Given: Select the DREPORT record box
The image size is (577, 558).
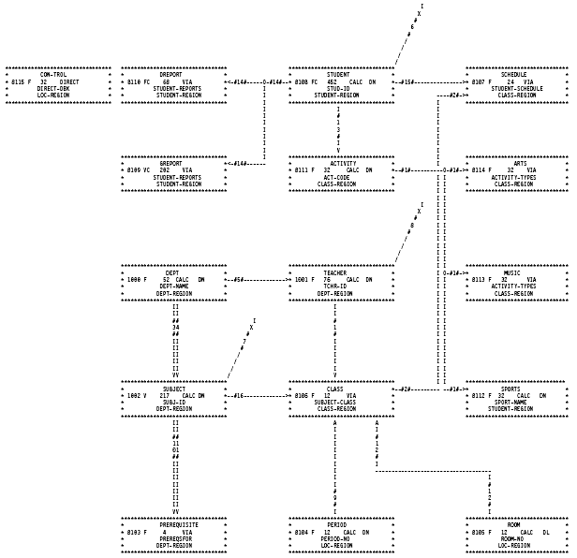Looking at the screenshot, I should tap(174, 85).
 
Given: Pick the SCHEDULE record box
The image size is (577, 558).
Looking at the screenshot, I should tap(517, 85).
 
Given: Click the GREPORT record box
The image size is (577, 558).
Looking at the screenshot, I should tap(174, 174).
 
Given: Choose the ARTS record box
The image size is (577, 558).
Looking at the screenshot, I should tap(517, 174).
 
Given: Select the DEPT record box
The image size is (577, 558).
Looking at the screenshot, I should tap(174, 284).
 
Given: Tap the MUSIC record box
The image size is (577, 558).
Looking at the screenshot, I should tap(517, 284).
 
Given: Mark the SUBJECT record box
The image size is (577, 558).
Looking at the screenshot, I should tap(174, 398).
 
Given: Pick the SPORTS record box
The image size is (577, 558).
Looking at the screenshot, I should tap(517, 398).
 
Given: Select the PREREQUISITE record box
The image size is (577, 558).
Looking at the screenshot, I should tap(174, 534).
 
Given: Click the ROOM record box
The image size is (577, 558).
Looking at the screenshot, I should tap(517, 534).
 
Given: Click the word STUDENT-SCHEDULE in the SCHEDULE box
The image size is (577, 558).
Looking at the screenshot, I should tap(516, 89).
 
